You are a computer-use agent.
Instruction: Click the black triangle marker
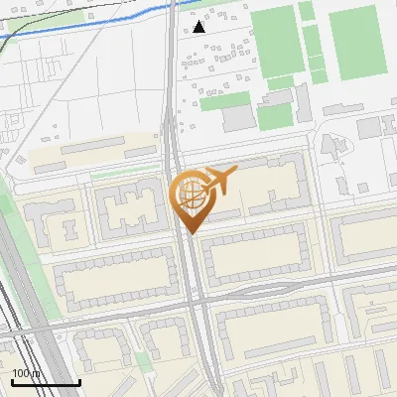(199, 27)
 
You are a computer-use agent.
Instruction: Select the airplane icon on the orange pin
(220, 181)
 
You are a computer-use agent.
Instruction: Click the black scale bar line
(46, 382)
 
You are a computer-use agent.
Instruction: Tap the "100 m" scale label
(26, 373)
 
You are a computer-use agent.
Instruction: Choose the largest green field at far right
(357, 42)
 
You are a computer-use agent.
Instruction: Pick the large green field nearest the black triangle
(276, 40)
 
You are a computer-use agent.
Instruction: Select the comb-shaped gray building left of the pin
(127, 210)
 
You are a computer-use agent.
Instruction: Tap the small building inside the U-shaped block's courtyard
(68, 227)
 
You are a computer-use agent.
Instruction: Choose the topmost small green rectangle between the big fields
(307, 11)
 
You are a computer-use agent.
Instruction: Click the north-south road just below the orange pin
(195, 278)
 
